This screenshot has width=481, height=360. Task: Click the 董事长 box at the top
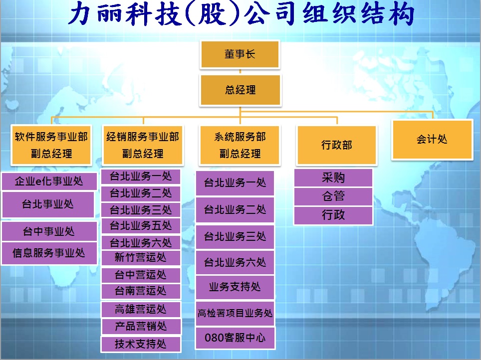click(240, 54)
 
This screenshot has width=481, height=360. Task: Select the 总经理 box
click(240, 90)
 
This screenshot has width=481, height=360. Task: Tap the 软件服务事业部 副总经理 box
click(51, 145)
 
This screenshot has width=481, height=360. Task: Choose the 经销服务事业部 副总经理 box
click(143, 145)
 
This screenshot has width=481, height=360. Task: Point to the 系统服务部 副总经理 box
click(240, 145)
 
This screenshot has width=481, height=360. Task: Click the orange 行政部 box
click(336, 145)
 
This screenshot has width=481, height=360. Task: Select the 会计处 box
click(432, 140)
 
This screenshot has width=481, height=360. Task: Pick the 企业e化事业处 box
click(49, 181)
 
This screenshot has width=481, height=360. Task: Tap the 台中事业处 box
click(49, 231)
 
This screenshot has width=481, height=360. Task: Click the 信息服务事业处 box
click(49, 253)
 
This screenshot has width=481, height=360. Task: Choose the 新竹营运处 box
click(141, 258)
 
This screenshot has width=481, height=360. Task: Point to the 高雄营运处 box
click(141, 309)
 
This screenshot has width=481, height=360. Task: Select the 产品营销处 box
click(141, 326)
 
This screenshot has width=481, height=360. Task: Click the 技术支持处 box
click(141, 344)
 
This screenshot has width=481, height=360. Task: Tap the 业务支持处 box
click(235, 287)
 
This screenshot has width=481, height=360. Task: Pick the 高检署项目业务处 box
click(235, 314)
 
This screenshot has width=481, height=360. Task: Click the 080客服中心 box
click(235, 338)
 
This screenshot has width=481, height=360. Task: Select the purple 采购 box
click(333, 178)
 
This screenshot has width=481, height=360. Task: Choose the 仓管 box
click(333, 196)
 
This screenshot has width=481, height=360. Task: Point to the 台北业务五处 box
click(141, 226)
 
